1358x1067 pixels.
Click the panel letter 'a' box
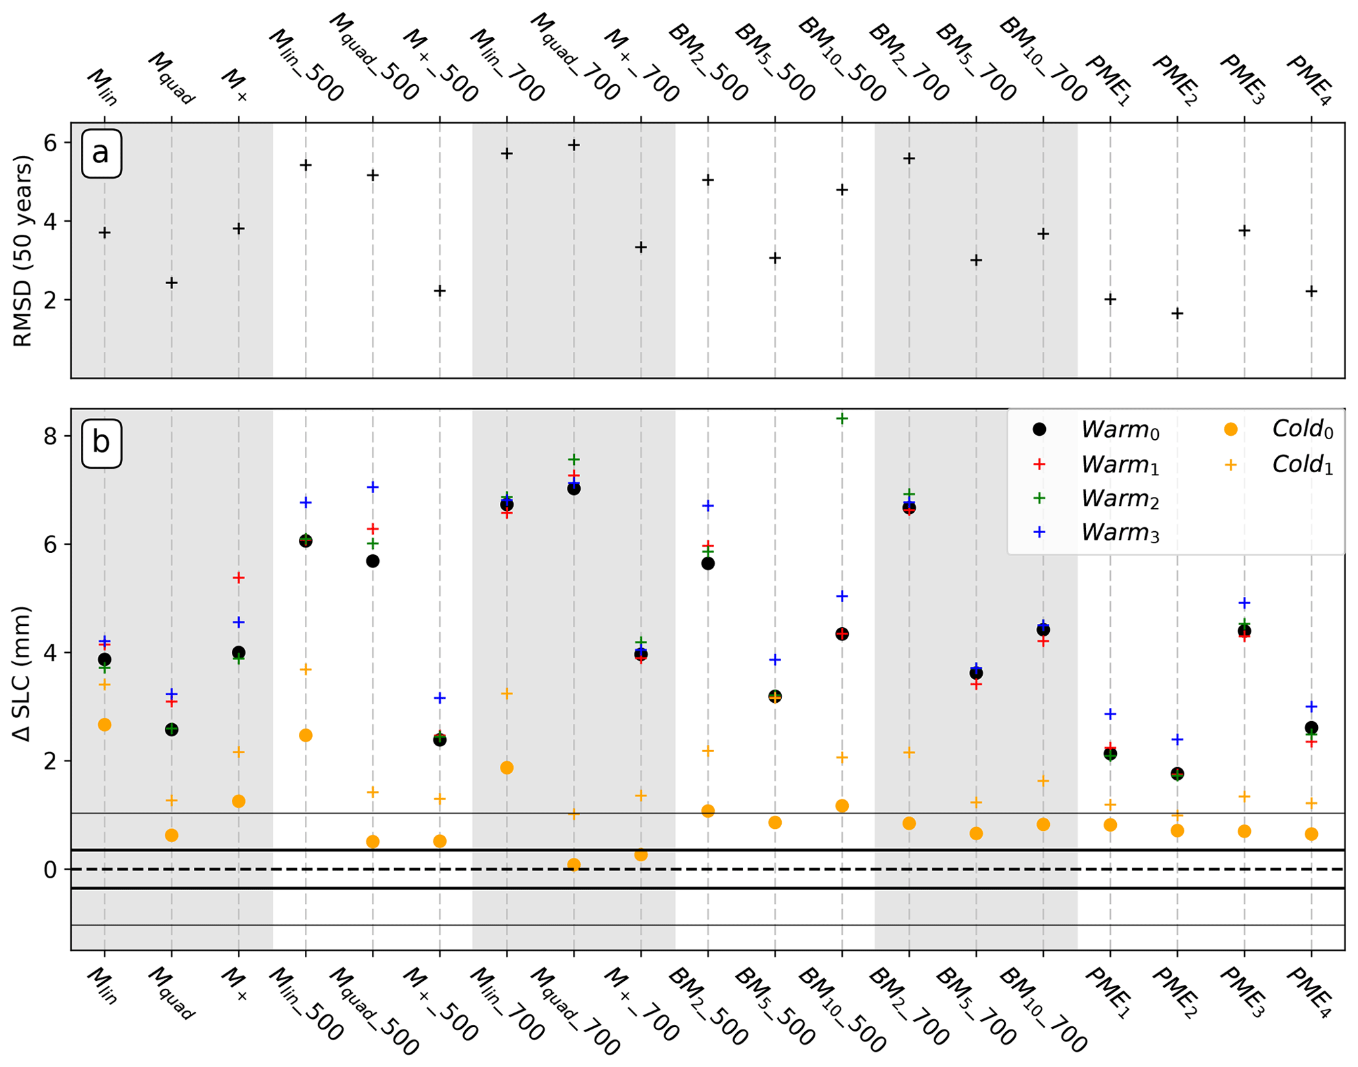point(101,154)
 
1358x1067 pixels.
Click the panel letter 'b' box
point(101,442)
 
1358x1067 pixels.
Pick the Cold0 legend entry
point(1280,429)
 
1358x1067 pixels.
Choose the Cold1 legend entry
point(1280,465)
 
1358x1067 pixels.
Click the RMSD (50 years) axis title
point(24,250)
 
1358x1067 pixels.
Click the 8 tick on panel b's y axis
point(52,437)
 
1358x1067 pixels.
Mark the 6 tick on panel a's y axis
point(52,143)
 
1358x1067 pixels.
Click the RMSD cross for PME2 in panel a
point(1177,314)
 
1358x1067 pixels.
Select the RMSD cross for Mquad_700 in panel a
point(574,145)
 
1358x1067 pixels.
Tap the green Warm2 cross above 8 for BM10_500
point(842,418)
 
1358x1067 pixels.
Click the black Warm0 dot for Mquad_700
point(574,488)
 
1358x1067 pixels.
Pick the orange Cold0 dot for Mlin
point(104,724)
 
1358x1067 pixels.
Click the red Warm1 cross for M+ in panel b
point(238,578)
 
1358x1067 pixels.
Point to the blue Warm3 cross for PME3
point(1244,603)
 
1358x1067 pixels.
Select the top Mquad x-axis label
point(170,78)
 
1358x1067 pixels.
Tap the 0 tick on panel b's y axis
point(52,870)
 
